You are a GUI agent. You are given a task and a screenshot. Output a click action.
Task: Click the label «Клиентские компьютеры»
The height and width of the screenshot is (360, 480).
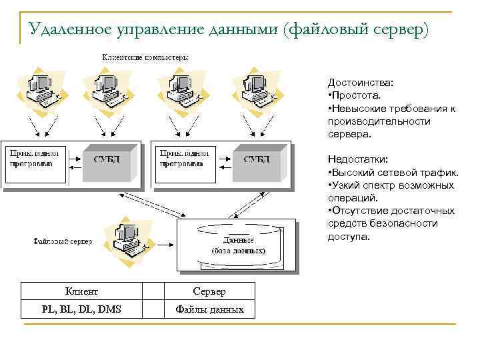pos(145,57)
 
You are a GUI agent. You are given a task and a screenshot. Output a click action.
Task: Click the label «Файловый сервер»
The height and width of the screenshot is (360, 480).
pos(63,241)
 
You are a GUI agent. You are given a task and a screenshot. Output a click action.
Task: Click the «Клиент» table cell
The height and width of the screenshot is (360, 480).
pos(81,291)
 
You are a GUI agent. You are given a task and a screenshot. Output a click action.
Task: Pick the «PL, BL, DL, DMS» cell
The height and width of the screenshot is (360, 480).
pos(81,309)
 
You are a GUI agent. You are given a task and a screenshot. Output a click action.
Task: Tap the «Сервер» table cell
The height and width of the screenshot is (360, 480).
pos(209,291)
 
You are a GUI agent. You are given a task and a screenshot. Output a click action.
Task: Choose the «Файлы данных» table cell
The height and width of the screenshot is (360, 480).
pos(209,309)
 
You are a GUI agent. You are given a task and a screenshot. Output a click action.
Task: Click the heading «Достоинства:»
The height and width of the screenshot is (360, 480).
pos(360,83)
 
